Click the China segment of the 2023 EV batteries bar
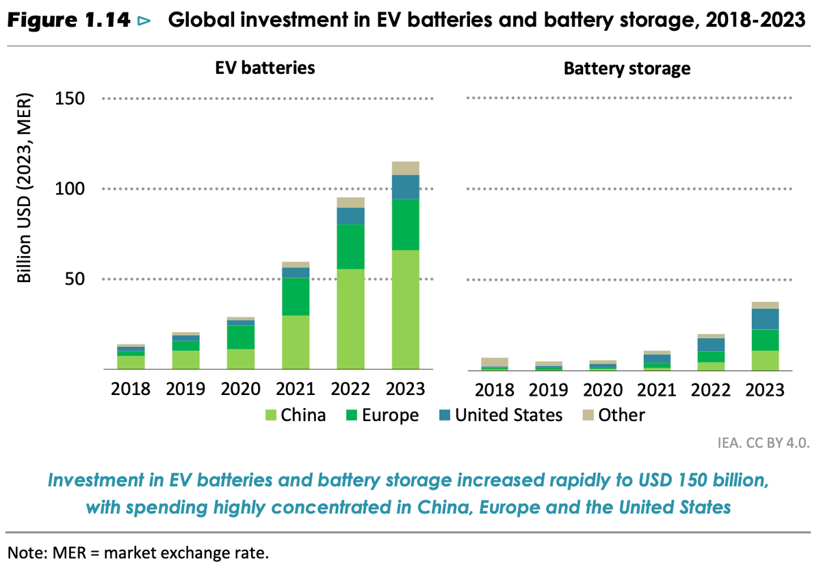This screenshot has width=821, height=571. (405, 309)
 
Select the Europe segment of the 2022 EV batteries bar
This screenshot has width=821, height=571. (350, 246)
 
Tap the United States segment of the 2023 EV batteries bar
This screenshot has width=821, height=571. (405, 187)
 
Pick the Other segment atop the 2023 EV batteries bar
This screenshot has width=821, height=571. (405, 168)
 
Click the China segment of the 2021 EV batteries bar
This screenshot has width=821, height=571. (296, 342)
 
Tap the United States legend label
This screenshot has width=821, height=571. (509, 415)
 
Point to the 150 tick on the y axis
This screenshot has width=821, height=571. (69, 99)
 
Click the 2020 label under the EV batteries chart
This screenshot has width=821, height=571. (240, 390)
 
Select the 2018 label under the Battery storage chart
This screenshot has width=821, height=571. (495, 390)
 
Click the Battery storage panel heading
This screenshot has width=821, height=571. (627, 68)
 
